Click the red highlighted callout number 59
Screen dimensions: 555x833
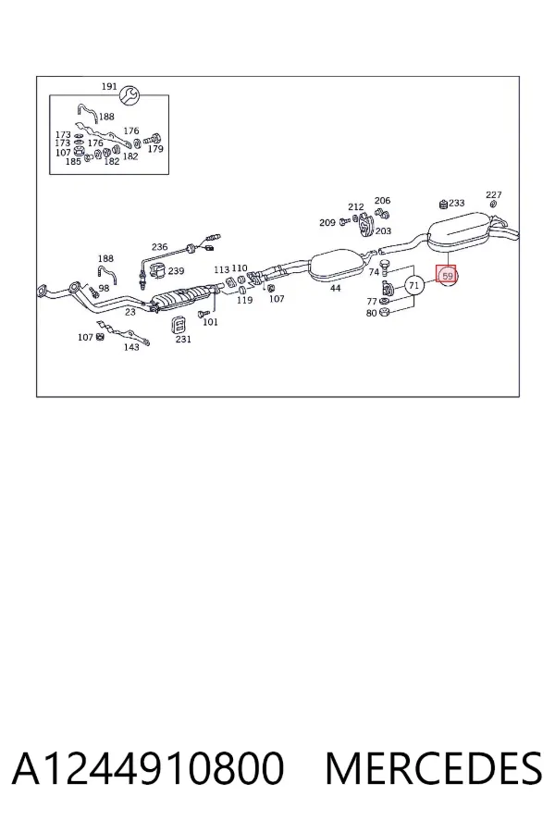pyautogui.click(x=446, y=276)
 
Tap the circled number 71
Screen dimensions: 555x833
pyautogui.click(x=414, y=286)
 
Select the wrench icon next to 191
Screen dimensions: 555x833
pyautogui.click(x=129, y=95)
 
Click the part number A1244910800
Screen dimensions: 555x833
pyautogui.click(x=148, y=768)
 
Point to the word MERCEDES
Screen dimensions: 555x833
pyautogui.click(x=434, y=768)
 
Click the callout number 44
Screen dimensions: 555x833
pyautogui.click(x=335, y=289)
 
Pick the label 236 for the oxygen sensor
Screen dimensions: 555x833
pyautogui.click(x=159, y=246)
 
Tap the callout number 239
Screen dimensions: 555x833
pyautogui.click(x=176, y=271)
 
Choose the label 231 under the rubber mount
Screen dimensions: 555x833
pyautogui.click(x=183, y=339)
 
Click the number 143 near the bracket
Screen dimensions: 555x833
pyautogui.click(x=131, y=347)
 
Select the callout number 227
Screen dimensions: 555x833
pyautogui.click(x=493, y=195)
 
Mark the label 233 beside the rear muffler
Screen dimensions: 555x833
pyautogui.click(x=457, y=203)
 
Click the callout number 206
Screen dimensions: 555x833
pyautogui.click(x=382, y=200)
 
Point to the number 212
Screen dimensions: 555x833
pyautogui.click(x=356, y=206)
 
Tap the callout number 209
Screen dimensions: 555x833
pyautogui.click(x=327, y=222)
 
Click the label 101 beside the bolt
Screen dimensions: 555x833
pyautogui.click(x=210, y=322)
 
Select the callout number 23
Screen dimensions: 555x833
pyautogui.click(x=130, y=312)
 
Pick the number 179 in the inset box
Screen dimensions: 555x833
pyautogui.click(x=155, y=149)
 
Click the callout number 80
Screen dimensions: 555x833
pyautogui.click(x=371, y=313)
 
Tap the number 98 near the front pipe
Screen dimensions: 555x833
pyautogui.click(x=104, y=288)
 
